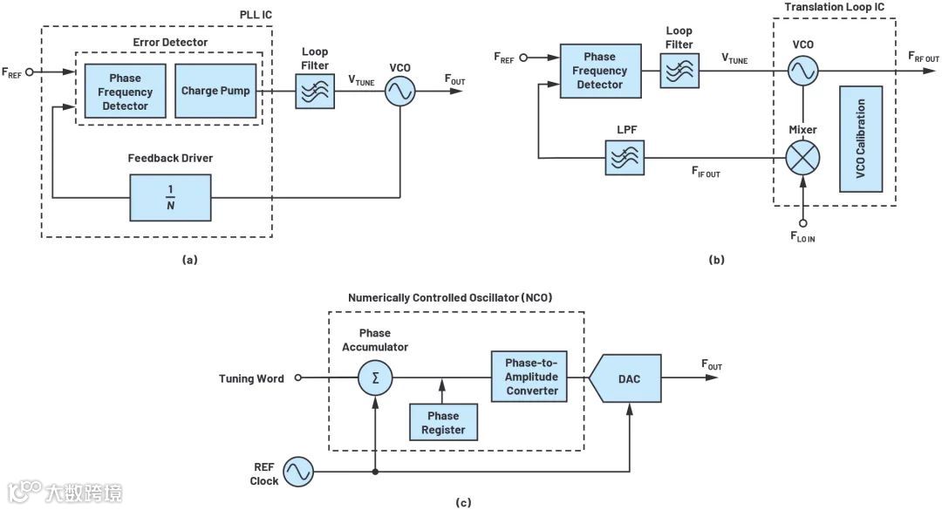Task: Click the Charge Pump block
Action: click(215, 91)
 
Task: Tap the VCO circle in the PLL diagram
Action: click(400, 91)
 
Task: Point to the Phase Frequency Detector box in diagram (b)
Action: click(600, 71)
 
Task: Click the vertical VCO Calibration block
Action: click(861, 139)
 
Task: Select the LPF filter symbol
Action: click(625, 158)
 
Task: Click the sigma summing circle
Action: click(375, 377)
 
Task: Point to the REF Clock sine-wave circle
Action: click(296, 473)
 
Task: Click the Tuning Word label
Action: click(252, 378)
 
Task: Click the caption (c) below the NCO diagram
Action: click(463, 502)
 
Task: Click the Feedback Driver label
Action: click(171, 158)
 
